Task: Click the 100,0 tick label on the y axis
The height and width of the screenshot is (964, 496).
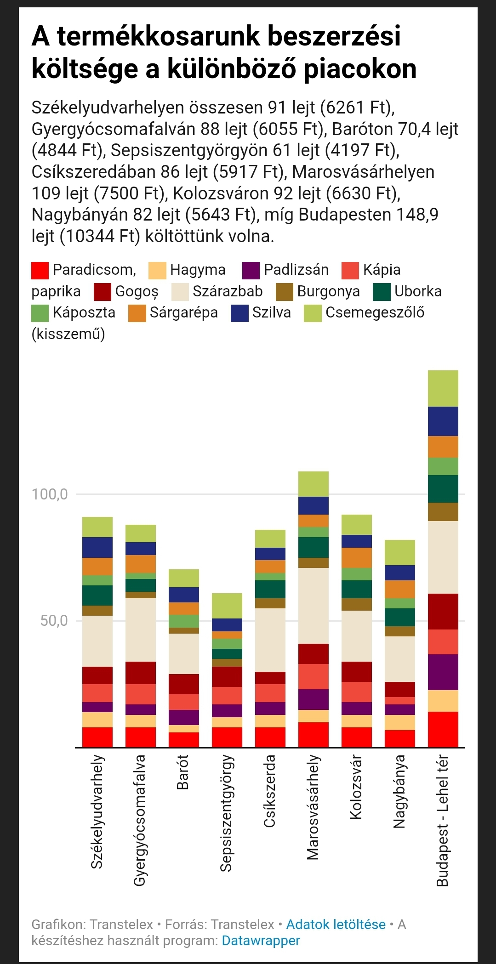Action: [49, 494]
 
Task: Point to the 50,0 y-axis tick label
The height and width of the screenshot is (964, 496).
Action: [54, 621]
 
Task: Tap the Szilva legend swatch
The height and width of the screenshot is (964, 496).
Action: [239, 313]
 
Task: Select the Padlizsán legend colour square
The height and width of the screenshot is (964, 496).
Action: [251, 270]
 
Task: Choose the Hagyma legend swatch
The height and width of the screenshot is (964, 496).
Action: [157, 270]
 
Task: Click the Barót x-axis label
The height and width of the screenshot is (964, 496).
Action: [182, 772]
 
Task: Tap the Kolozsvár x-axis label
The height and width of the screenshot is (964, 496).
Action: [356, 787]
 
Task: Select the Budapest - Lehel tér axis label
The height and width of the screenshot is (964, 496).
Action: [442, 820]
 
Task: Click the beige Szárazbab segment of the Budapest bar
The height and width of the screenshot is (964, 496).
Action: [443, 557]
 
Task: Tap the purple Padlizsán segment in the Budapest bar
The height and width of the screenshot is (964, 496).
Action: [443, 672]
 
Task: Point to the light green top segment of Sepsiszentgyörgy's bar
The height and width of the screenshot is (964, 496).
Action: [227, 606]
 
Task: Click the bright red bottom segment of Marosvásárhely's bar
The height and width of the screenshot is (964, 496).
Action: [314, 735]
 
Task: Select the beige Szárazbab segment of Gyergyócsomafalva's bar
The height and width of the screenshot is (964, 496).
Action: [141, 630]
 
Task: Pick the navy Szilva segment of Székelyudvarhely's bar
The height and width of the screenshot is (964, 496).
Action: [97, 547]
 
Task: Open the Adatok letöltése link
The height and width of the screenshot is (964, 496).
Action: [336, 924]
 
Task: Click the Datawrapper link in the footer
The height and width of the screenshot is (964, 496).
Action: [261, 941]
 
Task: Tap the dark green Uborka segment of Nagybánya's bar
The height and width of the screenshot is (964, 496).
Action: [400, 617]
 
